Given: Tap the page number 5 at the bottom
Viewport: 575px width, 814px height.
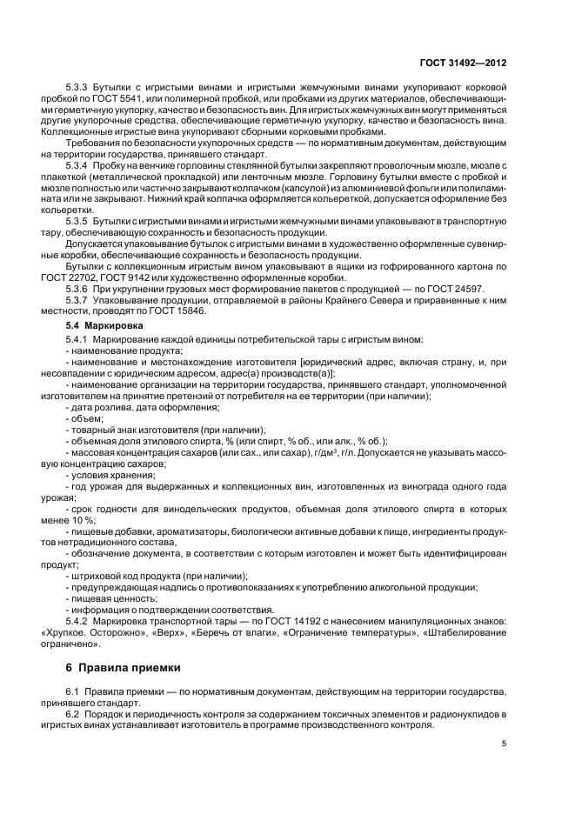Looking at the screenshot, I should click(505, 744).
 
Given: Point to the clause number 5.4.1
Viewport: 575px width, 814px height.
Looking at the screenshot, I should click(78, 337).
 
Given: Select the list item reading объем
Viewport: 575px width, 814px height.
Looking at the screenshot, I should click(85, 418).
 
